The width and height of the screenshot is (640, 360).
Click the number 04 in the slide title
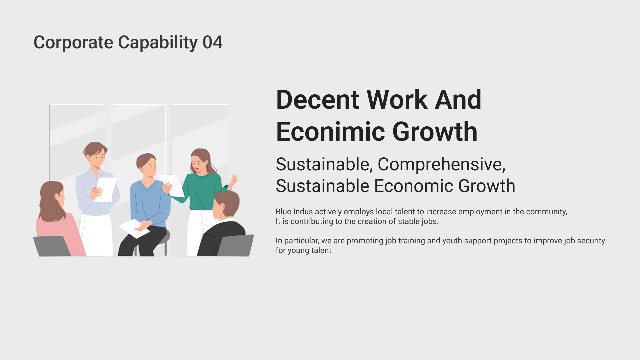coord(212,42)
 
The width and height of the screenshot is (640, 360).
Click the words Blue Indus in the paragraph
coord(294,212)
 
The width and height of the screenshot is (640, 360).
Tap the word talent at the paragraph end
coord(321,250)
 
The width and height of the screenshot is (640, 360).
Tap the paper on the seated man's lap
coord(134,228)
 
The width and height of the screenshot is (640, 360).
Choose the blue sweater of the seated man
coord(150,203)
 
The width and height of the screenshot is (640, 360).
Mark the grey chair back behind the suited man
coord(236,245)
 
